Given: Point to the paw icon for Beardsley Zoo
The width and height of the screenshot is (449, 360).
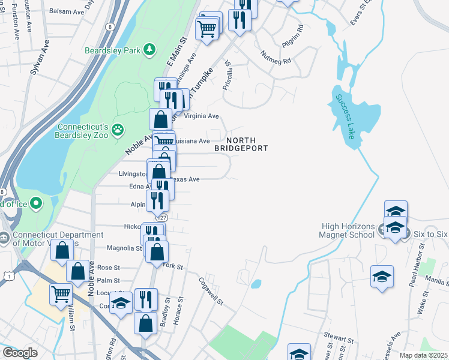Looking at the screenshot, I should [x=118, y=128].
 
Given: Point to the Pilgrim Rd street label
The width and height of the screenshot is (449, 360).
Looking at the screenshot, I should [x=293, y=37].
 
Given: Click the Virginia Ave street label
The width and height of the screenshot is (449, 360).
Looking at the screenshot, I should [x=202, y=116].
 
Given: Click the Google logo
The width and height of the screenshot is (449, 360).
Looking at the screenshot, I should [x=20, y=353].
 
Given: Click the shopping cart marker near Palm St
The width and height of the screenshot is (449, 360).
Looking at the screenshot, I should [x=61, y=295].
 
